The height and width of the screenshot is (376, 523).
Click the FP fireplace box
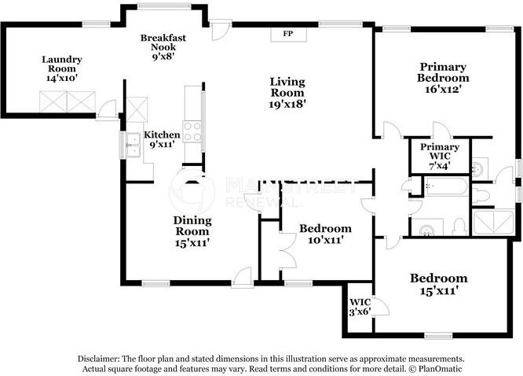point(288,35)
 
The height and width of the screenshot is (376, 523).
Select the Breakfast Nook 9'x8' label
point(163,46)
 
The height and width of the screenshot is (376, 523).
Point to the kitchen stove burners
point(192,131)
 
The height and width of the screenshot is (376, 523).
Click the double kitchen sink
point(133,145)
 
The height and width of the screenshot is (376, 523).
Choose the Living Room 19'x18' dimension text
point(287,104)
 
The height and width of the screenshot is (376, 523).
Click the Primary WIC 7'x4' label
point(440,156)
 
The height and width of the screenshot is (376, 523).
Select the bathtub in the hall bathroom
point(445,186)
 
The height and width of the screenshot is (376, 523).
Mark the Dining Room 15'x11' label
point(192,231)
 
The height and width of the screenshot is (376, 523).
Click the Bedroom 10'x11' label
point(325,234)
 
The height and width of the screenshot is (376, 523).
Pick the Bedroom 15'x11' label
point(439,284)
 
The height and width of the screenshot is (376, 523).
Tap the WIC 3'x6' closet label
point(360,307)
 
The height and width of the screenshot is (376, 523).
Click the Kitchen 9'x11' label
point(162,139)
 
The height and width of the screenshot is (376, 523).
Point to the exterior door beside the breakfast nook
point(220,30)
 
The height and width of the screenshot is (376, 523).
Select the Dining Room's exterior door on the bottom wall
point(242,278)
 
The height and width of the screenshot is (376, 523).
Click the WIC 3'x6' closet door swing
point(381,305)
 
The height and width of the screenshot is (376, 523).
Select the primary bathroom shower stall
point(493,222)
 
